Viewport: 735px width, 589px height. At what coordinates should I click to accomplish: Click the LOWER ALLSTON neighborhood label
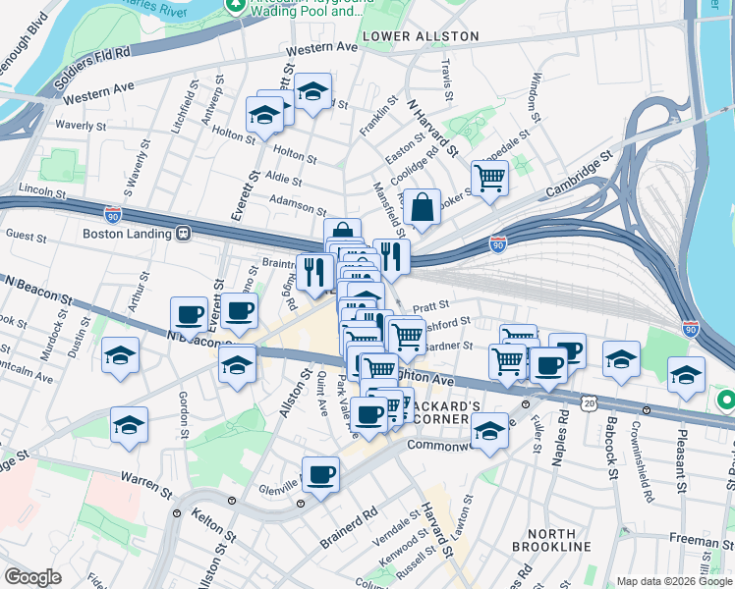421,36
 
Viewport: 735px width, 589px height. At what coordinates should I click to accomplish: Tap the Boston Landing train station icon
183,234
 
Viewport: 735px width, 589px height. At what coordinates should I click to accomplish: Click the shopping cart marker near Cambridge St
488,179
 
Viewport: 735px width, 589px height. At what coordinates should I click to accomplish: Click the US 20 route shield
589,402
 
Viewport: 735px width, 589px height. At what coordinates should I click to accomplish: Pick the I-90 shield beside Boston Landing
114,211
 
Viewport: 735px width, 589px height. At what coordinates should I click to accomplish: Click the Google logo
32,577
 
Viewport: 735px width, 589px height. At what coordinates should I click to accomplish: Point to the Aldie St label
282,181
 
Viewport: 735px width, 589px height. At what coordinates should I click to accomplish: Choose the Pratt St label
431,305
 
